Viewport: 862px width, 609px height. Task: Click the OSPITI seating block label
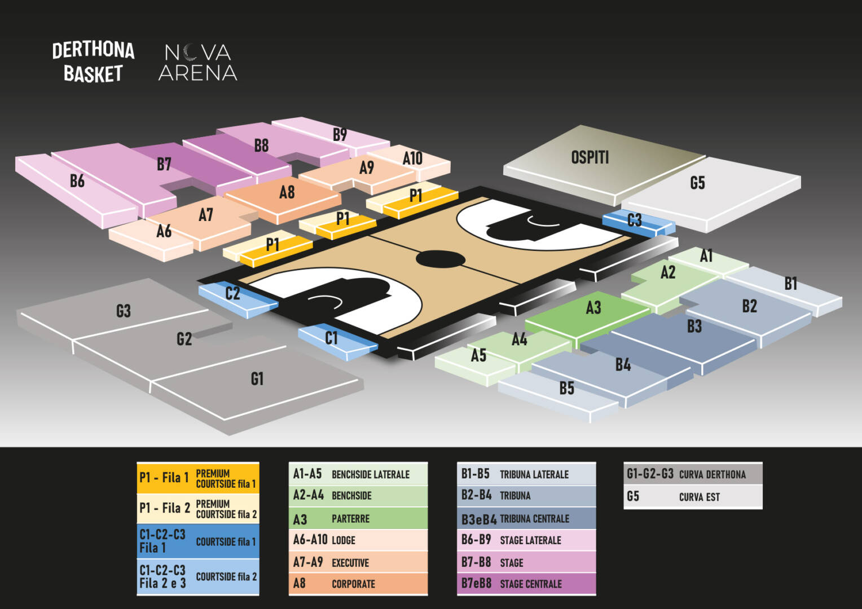[x=590, y=157]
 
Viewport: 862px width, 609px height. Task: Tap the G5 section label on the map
[x=697, y=183]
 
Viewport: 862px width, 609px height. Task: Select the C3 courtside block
[x=639, y=223]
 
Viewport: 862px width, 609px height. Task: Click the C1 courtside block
[x=337, y=342]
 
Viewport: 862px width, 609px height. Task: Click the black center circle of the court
[x=440, y=259]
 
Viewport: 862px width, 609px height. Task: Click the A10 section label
[x=412, y=158]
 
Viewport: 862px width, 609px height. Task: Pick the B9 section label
[x=340, y=135]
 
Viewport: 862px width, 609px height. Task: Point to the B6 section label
[x=77, y=181]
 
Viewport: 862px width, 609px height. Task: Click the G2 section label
[x=184, y=339]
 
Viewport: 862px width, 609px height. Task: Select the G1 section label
[x=257, y=379]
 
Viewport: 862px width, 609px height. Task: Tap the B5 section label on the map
[x=566, y=388]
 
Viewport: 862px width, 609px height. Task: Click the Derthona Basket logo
[x=93, y=62]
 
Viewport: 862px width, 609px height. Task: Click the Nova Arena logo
[x=198, y=63]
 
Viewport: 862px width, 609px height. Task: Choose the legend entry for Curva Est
[x=693, y=497]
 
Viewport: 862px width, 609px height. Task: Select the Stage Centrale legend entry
[x=526, y=584]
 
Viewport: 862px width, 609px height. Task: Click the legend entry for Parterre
[x=358, y=518]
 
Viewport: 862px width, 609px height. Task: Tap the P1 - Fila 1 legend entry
[x=198, y=478]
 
